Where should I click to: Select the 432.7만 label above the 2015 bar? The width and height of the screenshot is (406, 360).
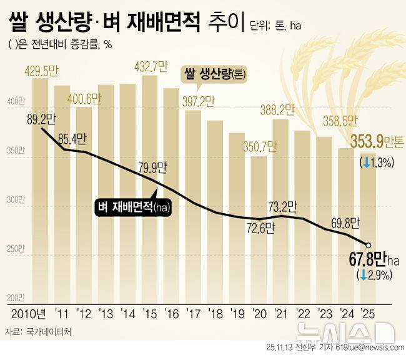[150, 66]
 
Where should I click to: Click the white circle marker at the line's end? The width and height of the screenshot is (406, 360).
[369, 245]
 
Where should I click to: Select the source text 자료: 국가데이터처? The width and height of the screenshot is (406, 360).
[37, 332]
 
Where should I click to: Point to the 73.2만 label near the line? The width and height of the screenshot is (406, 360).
[282, 205]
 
